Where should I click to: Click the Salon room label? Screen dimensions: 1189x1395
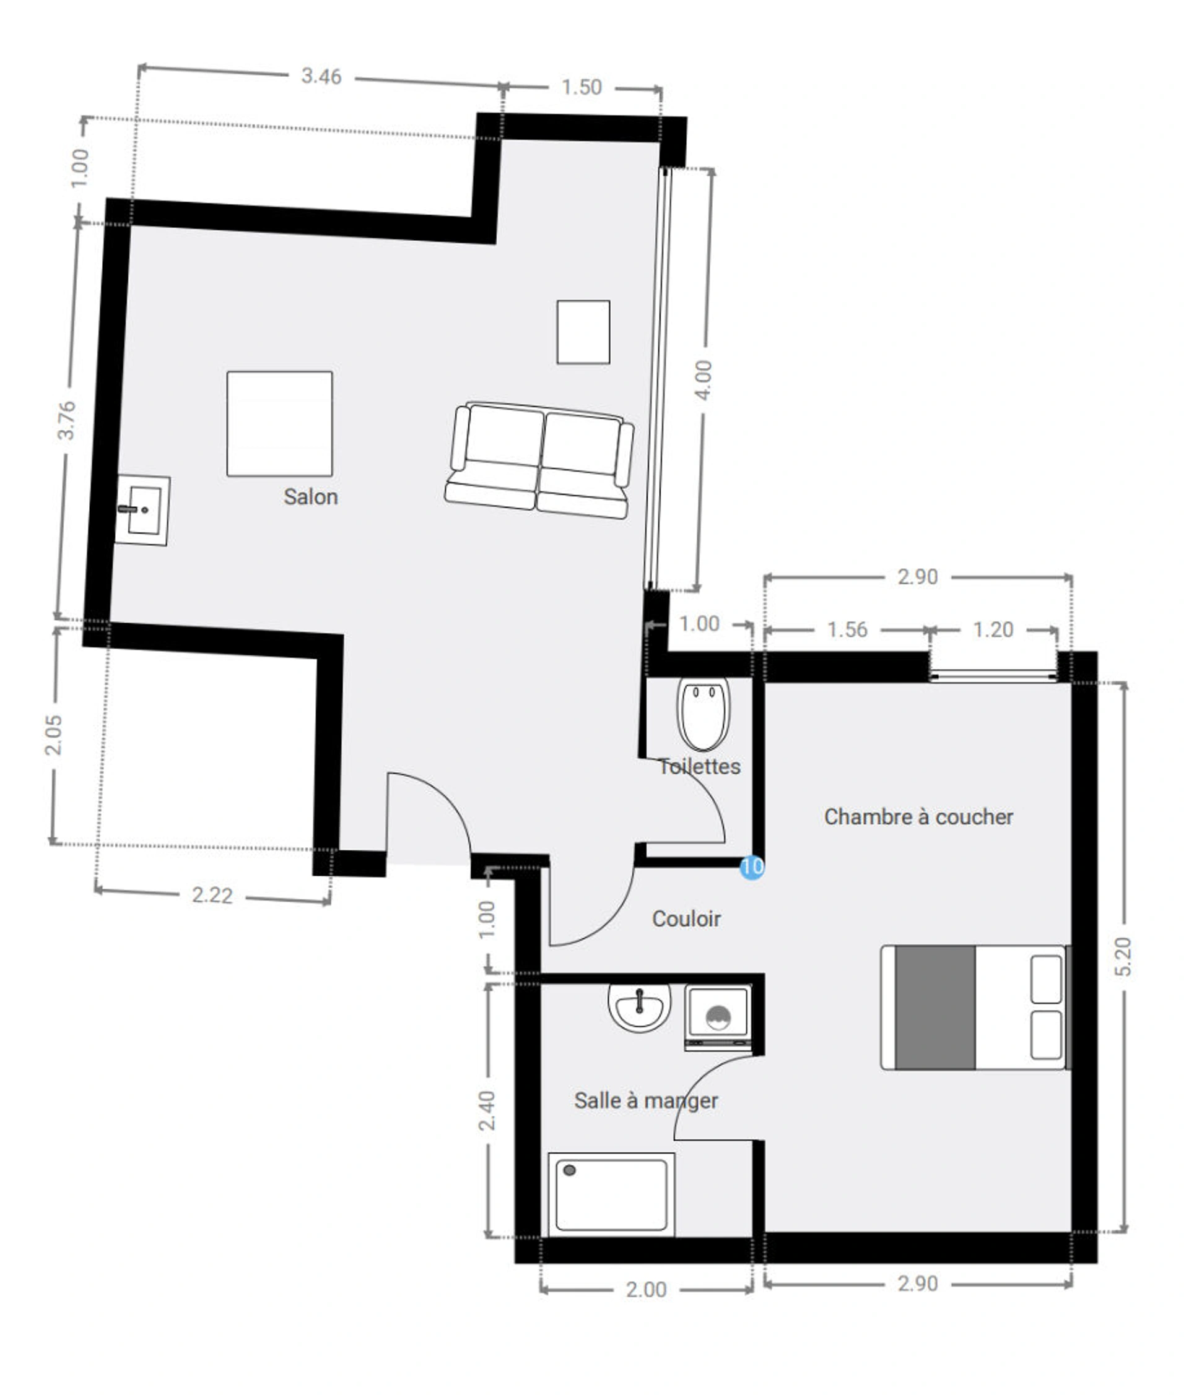(x=310, y=497)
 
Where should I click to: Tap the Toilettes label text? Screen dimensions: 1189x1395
(x=699, y=766)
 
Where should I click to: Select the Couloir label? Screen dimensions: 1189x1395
(x=686, y=918)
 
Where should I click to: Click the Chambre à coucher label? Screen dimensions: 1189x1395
(x=918, y=817)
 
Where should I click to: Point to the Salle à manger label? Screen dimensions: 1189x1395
(x=645, y=1101)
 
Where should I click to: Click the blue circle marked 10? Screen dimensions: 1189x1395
(x=751, y=866)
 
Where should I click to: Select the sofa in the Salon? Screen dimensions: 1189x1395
(x=539, y=460)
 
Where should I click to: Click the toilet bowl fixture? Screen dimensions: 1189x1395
(x=703, y=714)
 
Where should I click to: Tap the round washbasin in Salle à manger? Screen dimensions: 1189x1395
(x=638, y=1007)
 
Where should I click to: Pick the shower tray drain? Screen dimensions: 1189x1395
(x=569, y=1171)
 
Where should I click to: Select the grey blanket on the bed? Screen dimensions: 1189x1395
(x=934, y=1007)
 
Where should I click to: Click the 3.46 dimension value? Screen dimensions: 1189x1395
(x=321, y=76)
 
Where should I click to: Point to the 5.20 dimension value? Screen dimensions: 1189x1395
(x=1123, y=956)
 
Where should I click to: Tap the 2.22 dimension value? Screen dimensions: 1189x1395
(x=212, y=895)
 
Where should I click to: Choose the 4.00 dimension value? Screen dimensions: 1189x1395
(x=703, y=381)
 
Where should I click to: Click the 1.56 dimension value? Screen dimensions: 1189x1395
(x=847, y=629)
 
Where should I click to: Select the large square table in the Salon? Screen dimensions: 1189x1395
(x=279, y=423)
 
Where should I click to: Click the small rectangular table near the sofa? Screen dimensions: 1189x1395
(x=583, y=332)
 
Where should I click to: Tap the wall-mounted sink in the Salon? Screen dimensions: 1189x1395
(x=142, y=511)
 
